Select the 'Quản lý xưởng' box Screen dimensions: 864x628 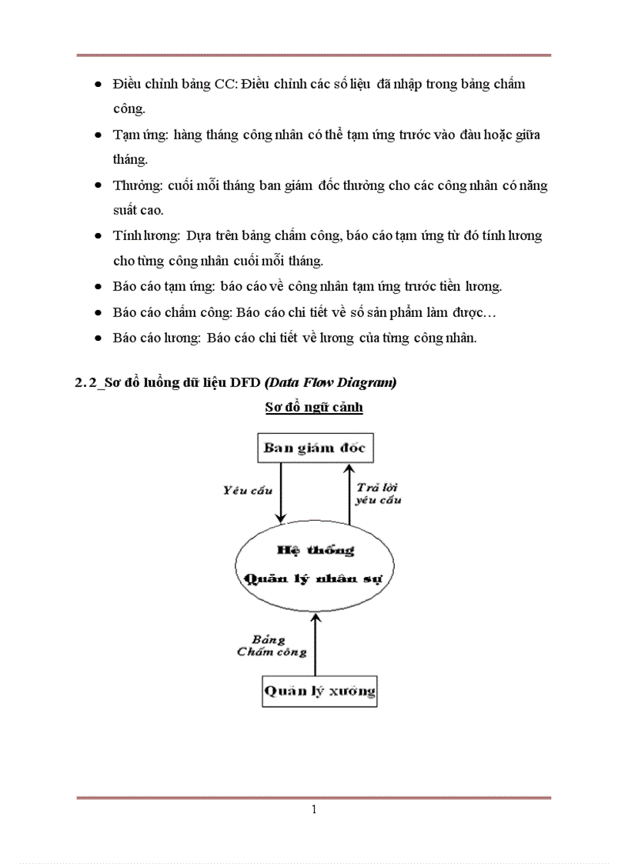tap(319, 690)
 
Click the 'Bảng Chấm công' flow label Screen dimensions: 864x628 tap(271, 646)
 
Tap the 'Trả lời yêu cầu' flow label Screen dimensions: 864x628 tap(378, 493)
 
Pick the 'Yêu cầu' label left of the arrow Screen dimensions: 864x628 tap(247, 490)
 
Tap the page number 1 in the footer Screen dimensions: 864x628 tap(314, 809)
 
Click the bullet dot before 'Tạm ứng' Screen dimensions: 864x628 tap(98, 135)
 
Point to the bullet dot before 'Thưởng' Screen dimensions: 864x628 tap(98, 186)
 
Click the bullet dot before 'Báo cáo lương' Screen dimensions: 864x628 tap(98, 338)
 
